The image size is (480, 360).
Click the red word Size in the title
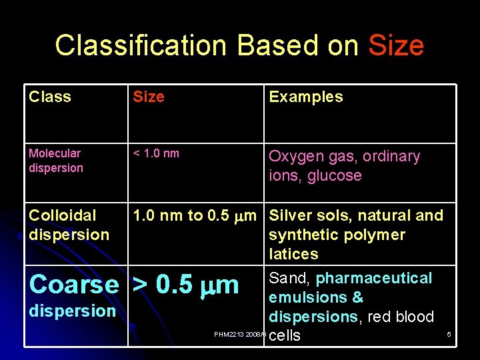click(x=396, y=45)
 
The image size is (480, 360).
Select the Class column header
click(x=50, y=97)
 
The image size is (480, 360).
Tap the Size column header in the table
click(x=149, y=97)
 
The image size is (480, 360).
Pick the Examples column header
click(x=305, y=97)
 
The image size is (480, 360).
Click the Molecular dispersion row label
click(x=56, y=161)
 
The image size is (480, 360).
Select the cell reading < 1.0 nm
click(x=156, y=153)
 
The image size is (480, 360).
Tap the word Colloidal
click(x=63, y=215)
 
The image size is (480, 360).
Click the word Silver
click(x=291, y=215)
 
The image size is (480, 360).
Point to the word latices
click(x=294, y=254)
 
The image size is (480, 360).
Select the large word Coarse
click(x=74, y=284)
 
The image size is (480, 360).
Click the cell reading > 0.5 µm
click(x=186, y=284)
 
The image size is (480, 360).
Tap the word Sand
click(x=289, y=278)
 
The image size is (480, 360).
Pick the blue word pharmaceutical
click(x=374, y=278)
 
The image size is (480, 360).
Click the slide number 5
click(x=449, y=334)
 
